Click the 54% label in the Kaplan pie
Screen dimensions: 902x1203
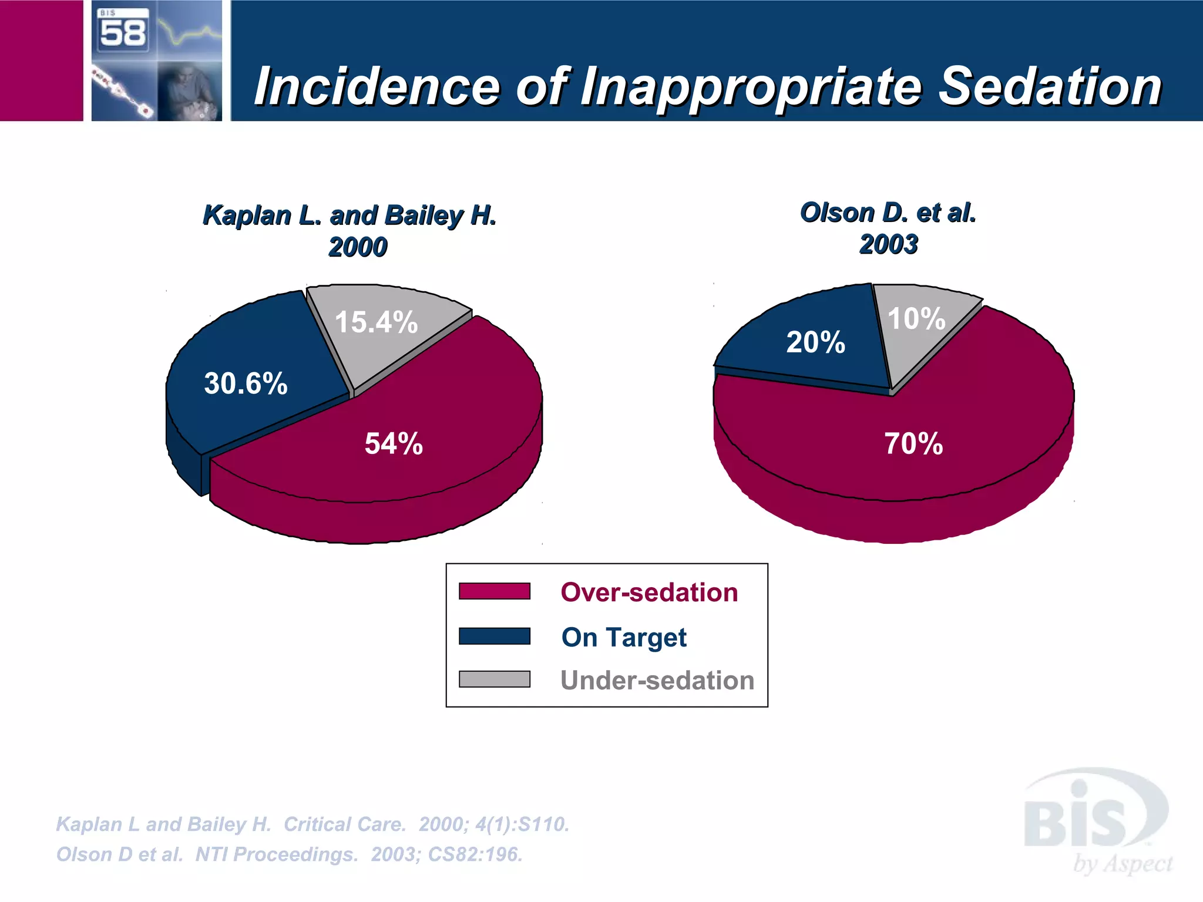pos(394,443)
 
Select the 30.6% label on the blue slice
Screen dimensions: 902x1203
pos(246,383)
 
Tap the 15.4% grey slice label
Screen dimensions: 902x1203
pos(376,322)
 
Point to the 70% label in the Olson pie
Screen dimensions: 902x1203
pos(913,443)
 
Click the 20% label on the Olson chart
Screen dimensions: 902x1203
pos(815,342)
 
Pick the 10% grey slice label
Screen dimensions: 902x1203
pos(916,319)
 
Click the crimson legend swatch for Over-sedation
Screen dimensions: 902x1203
pos(494,591)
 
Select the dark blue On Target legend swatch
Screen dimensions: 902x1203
pos(494,636)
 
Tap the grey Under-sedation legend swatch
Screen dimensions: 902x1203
pos(494,679)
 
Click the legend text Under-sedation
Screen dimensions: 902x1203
pos(657,680)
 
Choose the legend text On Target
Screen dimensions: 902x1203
pos(623,637)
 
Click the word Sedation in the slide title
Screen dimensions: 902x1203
pos(1050,86)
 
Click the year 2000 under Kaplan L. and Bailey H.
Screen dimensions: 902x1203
pos(358,247)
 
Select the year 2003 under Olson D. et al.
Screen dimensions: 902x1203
pos(888,244)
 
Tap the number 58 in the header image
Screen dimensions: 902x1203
pos(123,33)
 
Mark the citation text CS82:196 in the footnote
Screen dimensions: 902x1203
pos(475,854)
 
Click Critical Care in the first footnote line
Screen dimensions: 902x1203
pos(345,824)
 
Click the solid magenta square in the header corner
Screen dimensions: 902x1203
pos(41,60)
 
